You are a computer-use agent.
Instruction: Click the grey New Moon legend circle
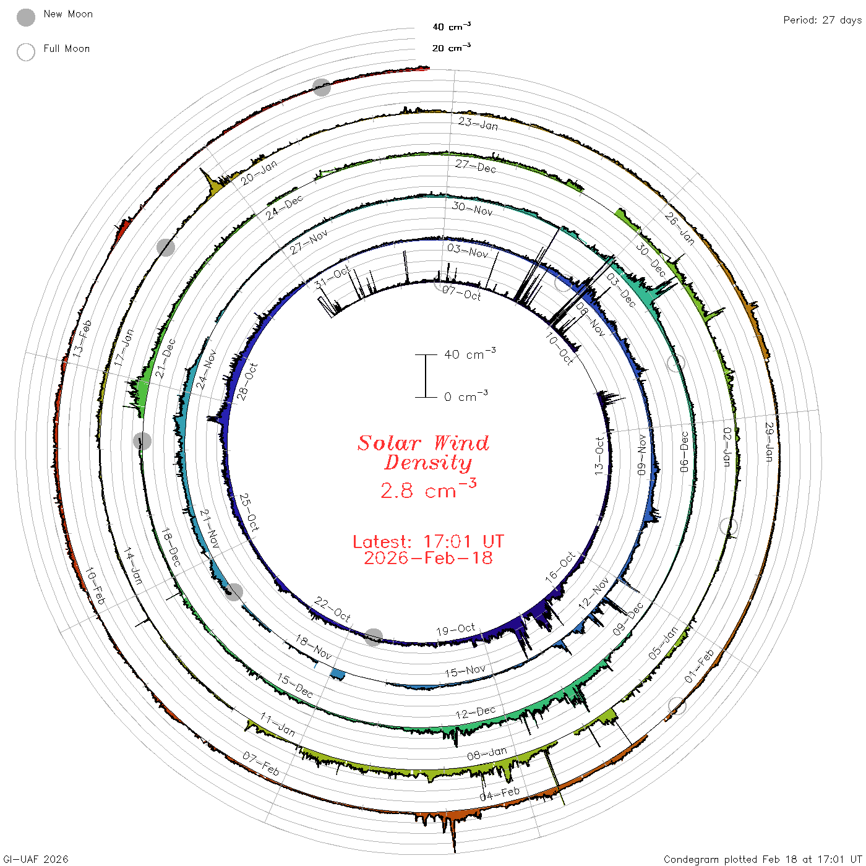[x=26, y=17]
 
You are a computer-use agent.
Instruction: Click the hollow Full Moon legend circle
[x=26, y=52]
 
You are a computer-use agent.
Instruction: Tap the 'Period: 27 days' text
[x=822, y=20]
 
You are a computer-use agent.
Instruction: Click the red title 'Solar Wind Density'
[x=423, y=453]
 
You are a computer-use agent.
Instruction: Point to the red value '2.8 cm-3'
[x=428, y=489]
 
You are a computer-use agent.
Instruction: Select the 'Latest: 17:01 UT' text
[x=428, y=541]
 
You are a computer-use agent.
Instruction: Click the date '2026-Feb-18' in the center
[x=428, y=558]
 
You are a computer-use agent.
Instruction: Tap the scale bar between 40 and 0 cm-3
[x=426, y=376]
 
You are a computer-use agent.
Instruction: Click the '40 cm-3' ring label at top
[x=452, y=26]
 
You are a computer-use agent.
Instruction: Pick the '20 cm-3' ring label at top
[x=452, y=47]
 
